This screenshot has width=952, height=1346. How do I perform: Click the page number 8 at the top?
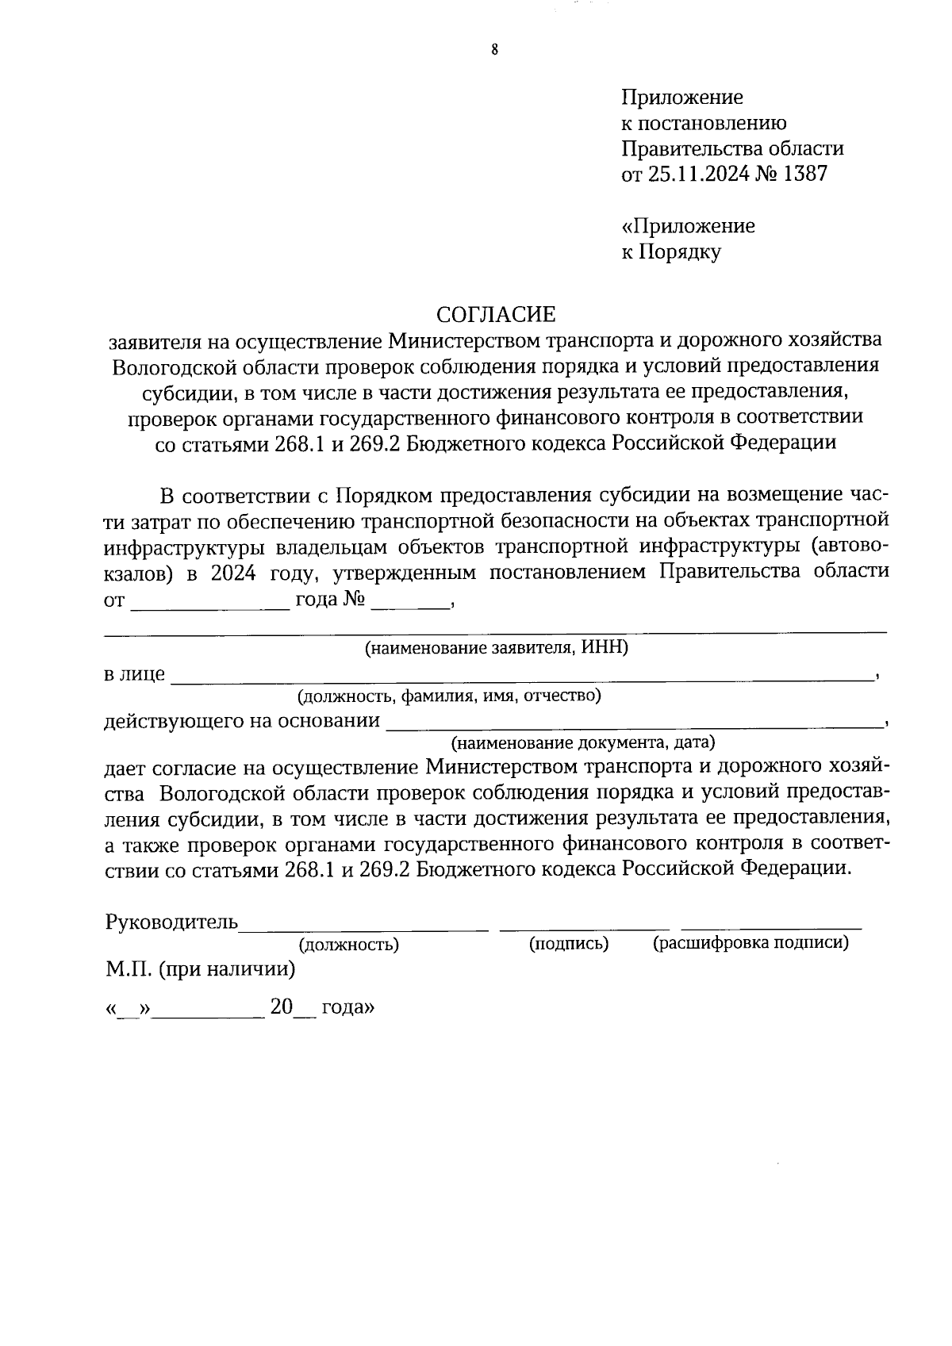click(x=494, y=50)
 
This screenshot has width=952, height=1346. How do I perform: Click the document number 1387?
click(x=804, y=174)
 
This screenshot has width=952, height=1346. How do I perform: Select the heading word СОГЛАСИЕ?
click(x=497, y=314)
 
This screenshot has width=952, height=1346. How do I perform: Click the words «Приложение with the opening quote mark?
click(x=688, y=226)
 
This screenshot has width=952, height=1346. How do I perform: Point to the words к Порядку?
click(x=670, y=252)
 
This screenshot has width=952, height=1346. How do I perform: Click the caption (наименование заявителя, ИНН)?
click(x=496, y=648)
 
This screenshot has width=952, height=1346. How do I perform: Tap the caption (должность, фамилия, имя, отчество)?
click(x=449, y=696)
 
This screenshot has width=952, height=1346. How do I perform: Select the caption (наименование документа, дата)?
click(x=582, y=743)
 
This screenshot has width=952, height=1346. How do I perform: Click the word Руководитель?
click(x=171, y=922)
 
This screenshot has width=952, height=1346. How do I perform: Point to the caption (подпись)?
click(x=569, y=943)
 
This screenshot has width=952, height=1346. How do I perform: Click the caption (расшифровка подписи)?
click(x=750, y=942)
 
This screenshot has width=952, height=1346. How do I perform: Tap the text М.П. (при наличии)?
click(x=200, y=968)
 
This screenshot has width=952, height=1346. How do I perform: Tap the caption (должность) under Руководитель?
click(x=348, y=944)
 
